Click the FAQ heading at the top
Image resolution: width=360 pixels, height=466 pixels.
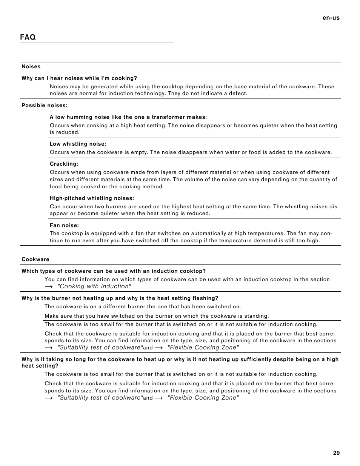coord(28,37)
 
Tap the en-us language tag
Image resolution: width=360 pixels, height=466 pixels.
coord(331,18)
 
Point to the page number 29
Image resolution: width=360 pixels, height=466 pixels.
coord(336,453)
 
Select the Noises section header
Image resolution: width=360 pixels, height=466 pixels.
coord(31,67)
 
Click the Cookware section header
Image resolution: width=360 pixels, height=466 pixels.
coord(35,260)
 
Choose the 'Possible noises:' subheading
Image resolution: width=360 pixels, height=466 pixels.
coord(44,106)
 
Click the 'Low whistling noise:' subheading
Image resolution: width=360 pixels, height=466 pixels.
coord(78,144)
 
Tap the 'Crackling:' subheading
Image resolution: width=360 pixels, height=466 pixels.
coord(64,164)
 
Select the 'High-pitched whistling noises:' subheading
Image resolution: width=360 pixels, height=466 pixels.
coord(92,198)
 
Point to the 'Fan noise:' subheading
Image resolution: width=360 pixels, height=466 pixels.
coord(64,226)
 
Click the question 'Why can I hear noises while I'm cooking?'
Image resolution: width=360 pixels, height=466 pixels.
coord(79,78)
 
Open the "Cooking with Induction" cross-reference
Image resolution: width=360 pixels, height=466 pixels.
coord(94,286)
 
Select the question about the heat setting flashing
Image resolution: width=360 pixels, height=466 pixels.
coord(120,298)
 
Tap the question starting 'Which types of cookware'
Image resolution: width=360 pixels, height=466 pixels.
coord(114,271)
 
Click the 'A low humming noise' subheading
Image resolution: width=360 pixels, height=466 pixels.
coord(128,117)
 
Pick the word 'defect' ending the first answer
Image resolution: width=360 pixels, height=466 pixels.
coord(238,94)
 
